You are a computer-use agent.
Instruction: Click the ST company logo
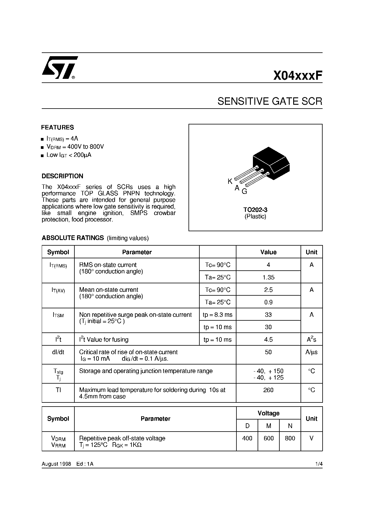tap(59, 68)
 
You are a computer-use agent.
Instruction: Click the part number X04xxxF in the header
tap(298, 76)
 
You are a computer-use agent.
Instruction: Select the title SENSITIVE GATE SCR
tap(270, 101)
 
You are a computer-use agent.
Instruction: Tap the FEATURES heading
tap(58, 127)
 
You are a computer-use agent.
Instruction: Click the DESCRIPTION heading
tap(62, 176)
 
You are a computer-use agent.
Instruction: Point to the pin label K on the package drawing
tap(230, 182)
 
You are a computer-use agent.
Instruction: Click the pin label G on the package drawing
tap(244, 192)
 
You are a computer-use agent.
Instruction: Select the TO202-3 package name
tap(255, 210)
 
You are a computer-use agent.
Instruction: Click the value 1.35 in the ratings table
tap(268, 277)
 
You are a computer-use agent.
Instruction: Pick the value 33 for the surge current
tap(268, 315)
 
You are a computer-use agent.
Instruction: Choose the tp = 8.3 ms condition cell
tap(218, 315)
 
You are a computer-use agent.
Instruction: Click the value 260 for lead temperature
tap(268, 390)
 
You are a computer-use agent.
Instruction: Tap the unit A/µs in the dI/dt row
tap(311, 352)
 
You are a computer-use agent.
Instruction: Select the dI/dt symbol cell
tap(58, 352)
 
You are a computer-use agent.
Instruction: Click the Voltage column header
tap(268, 413)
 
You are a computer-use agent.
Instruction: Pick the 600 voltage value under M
tap(268, 438)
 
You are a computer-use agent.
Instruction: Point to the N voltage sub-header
tap(290, 426)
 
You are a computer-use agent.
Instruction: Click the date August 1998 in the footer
tap(56, 464)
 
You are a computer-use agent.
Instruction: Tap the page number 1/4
tap(319, 464)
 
